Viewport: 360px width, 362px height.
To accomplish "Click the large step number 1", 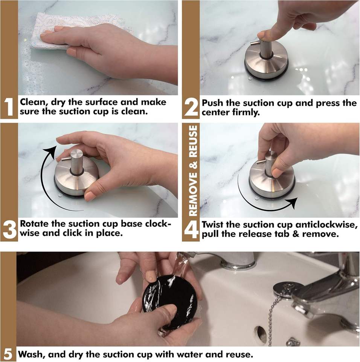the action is (x=9, y=107).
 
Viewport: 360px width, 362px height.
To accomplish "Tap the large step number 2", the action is (x=191, y=107).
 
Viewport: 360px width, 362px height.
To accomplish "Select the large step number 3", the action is (x=9, y=230).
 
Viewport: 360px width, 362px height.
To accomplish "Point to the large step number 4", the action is (x=191, y=230).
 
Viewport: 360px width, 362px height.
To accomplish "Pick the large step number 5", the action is (x=8, y=354).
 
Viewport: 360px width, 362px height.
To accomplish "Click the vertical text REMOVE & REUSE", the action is (x=194, y=170).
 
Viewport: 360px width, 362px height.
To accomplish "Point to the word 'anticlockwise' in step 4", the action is (x=326, y=225).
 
